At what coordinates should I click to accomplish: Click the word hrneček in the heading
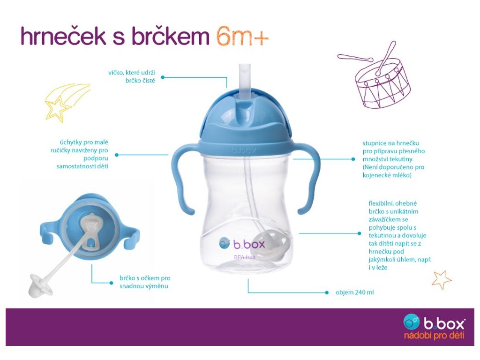click(x=63, y=36)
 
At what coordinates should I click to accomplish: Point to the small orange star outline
click(x=441, y=280)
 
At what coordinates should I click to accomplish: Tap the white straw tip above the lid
click(x=245, y=80)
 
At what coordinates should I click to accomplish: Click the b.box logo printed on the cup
click(x=242, y=244)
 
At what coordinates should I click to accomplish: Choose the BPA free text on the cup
click(x=245, y=257)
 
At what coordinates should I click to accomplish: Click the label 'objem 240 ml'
click(x=354, y=292)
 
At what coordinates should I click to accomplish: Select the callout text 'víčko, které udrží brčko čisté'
click(x=132, y=76)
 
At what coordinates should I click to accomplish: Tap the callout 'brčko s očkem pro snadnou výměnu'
click(x=145, y=282)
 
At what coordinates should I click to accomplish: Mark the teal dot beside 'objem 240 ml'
click(x=327, y=292)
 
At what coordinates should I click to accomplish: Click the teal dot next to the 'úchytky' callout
click(x=117, y=155)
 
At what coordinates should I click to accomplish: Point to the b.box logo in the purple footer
click(x=434, y=322)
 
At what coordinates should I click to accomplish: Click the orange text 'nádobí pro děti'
click(x=434, y=336)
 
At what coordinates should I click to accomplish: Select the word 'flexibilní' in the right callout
click(x=380, y=203)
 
